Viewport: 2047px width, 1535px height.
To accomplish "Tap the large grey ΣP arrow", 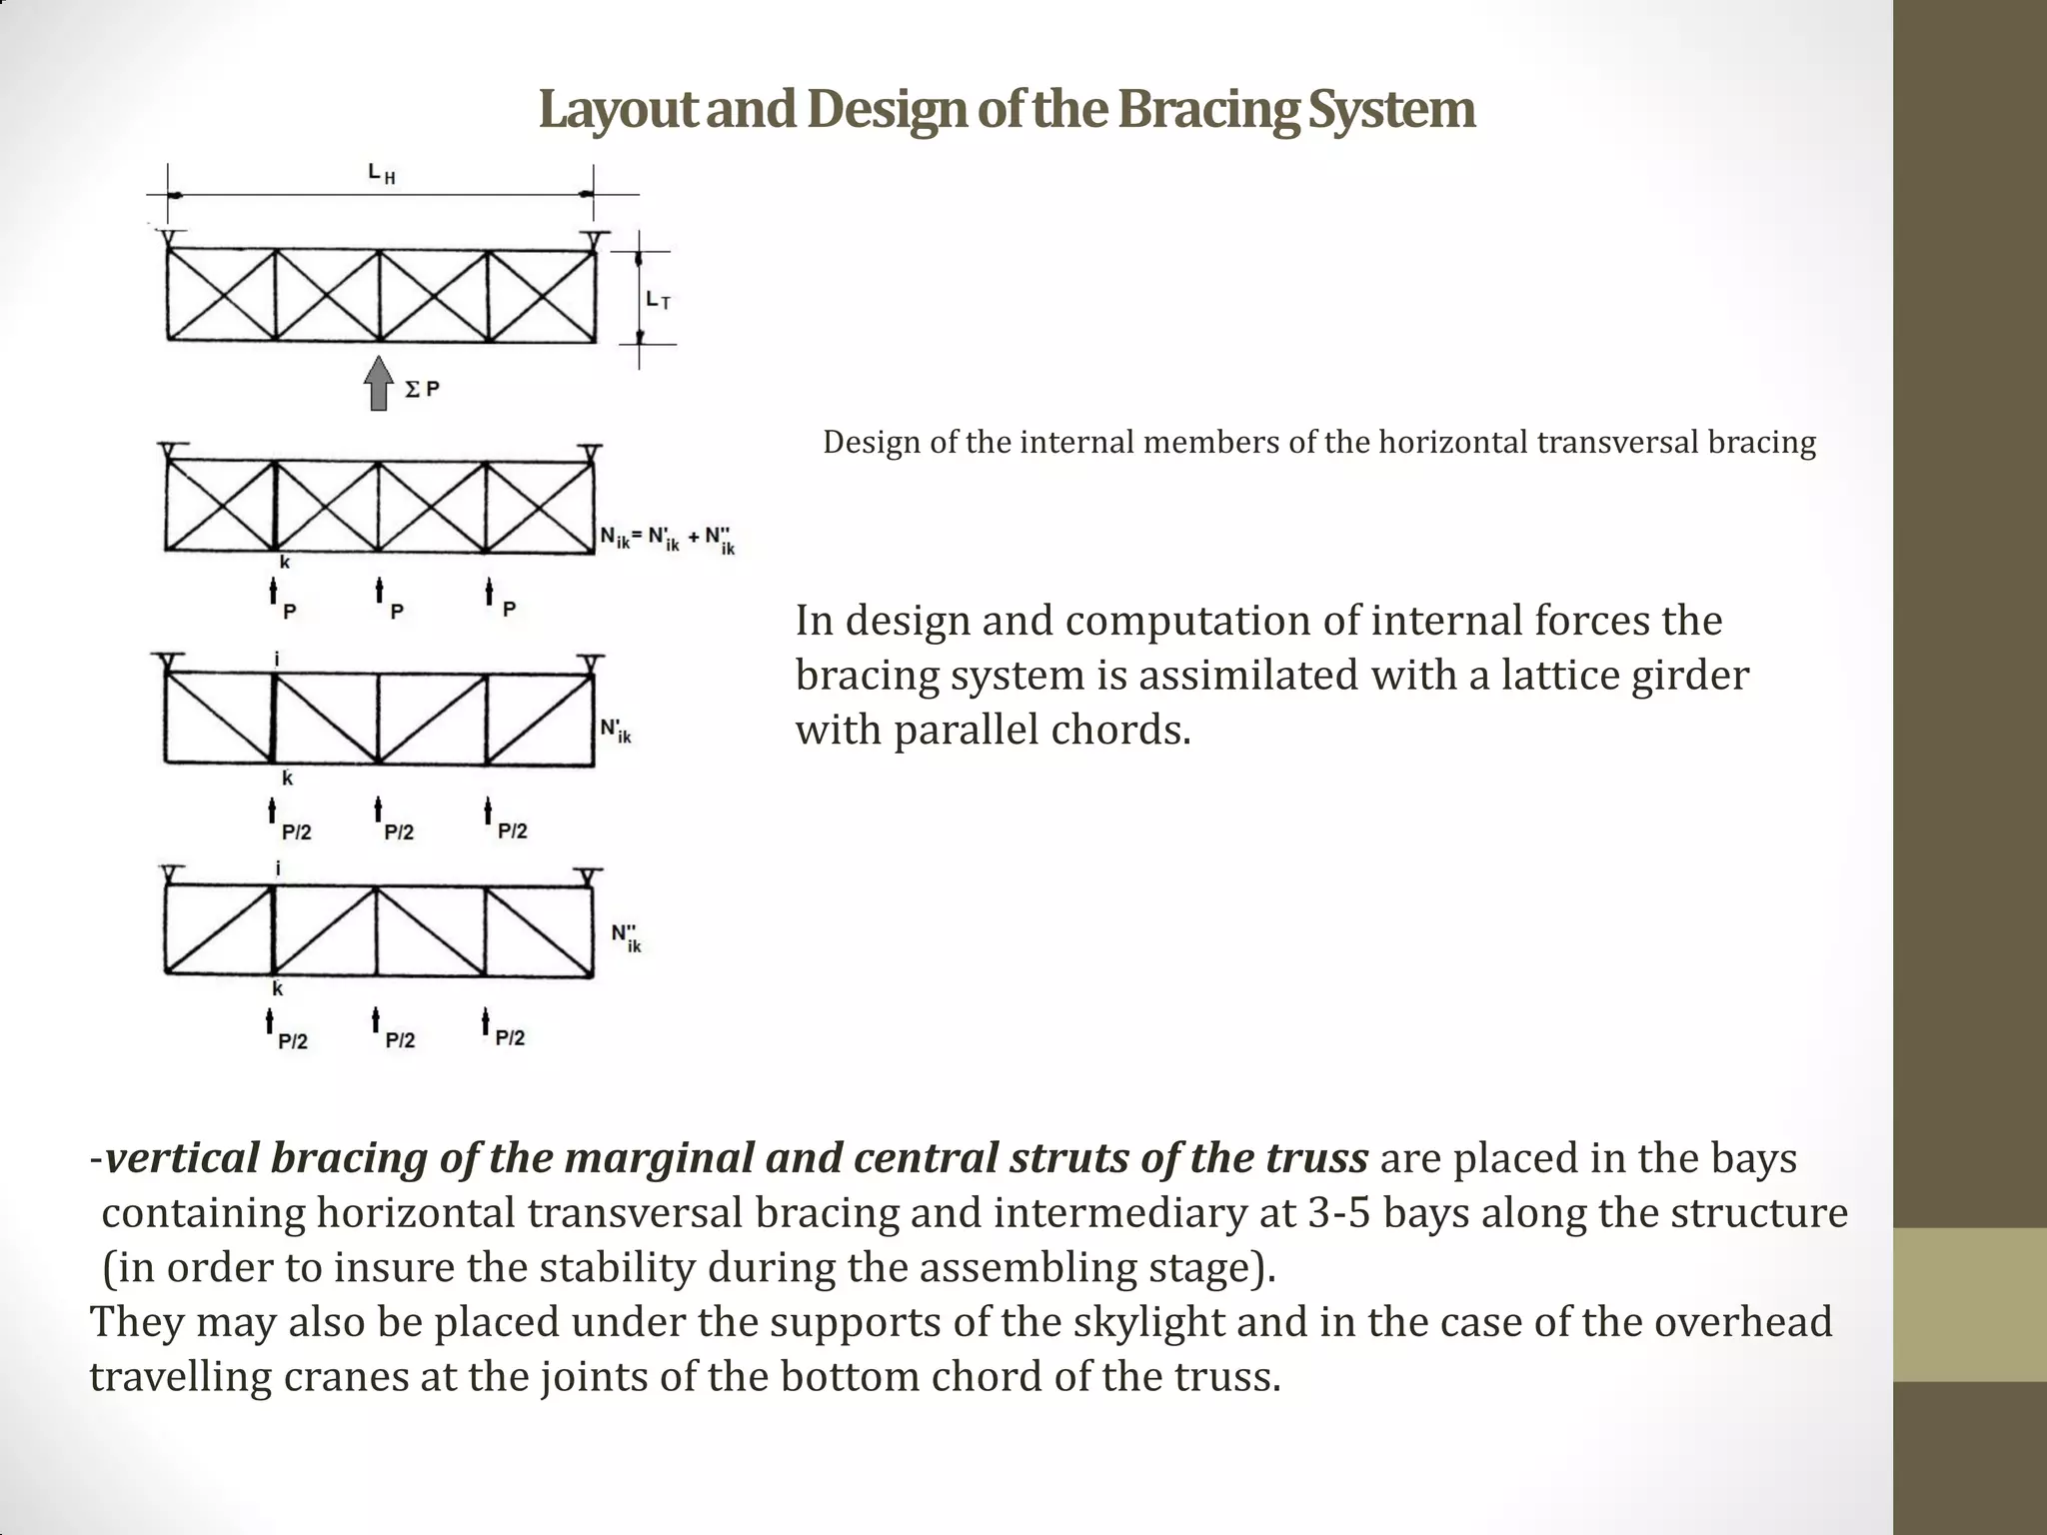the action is pos(378,384).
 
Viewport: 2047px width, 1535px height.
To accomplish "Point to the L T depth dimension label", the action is pos(658,299).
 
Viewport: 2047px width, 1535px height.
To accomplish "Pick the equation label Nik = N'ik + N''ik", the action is pos(667,540).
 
